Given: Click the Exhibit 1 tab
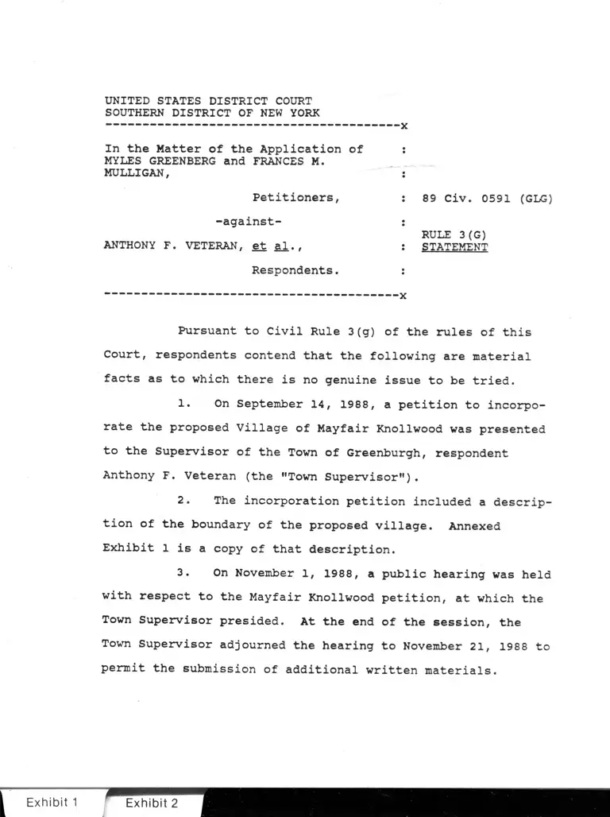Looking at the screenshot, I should [x=52, y=802].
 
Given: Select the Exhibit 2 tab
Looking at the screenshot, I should [x=151, y=803].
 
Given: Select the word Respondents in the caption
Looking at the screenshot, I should [x=295, y=270].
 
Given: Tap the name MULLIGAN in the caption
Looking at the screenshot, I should [x=135, y=174].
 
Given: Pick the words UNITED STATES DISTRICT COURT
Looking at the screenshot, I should [x=208, y=101].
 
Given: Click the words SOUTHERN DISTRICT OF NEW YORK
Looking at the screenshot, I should [x=212, y=113].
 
